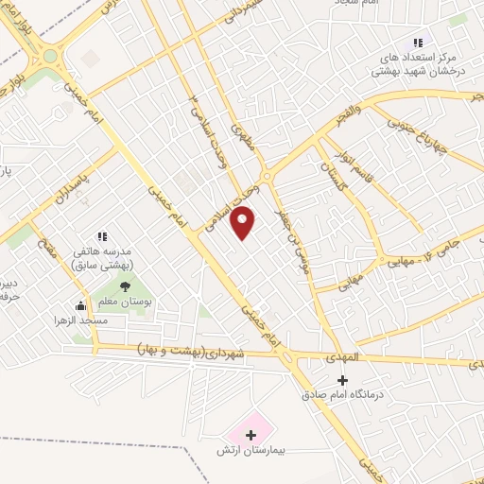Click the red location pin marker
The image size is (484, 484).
click(244, 224)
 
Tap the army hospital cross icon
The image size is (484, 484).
click(251, 435)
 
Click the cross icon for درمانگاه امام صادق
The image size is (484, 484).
click(342, 380)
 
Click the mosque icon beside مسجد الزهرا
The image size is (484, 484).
click(82, 305)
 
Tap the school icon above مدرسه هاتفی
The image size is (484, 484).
click(102, 236)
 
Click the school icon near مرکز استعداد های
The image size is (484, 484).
click(417, 43)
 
